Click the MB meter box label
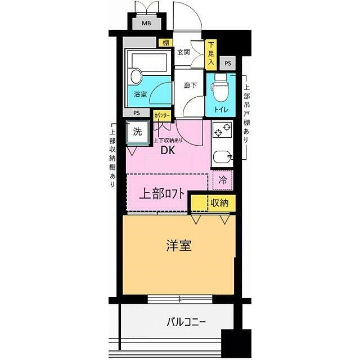point(146,24)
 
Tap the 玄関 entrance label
point(183,52)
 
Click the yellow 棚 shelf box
point(165,42)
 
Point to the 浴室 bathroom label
point(140,94)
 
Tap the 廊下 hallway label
point(190,86)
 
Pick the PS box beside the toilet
point(227,64)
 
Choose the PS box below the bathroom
point(137,113)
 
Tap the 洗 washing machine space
point(137,132)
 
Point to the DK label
point(168,150)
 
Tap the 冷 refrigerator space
point(222,181)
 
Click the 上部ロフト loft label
point(161,195)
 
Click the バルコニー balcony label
point(186,323)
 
